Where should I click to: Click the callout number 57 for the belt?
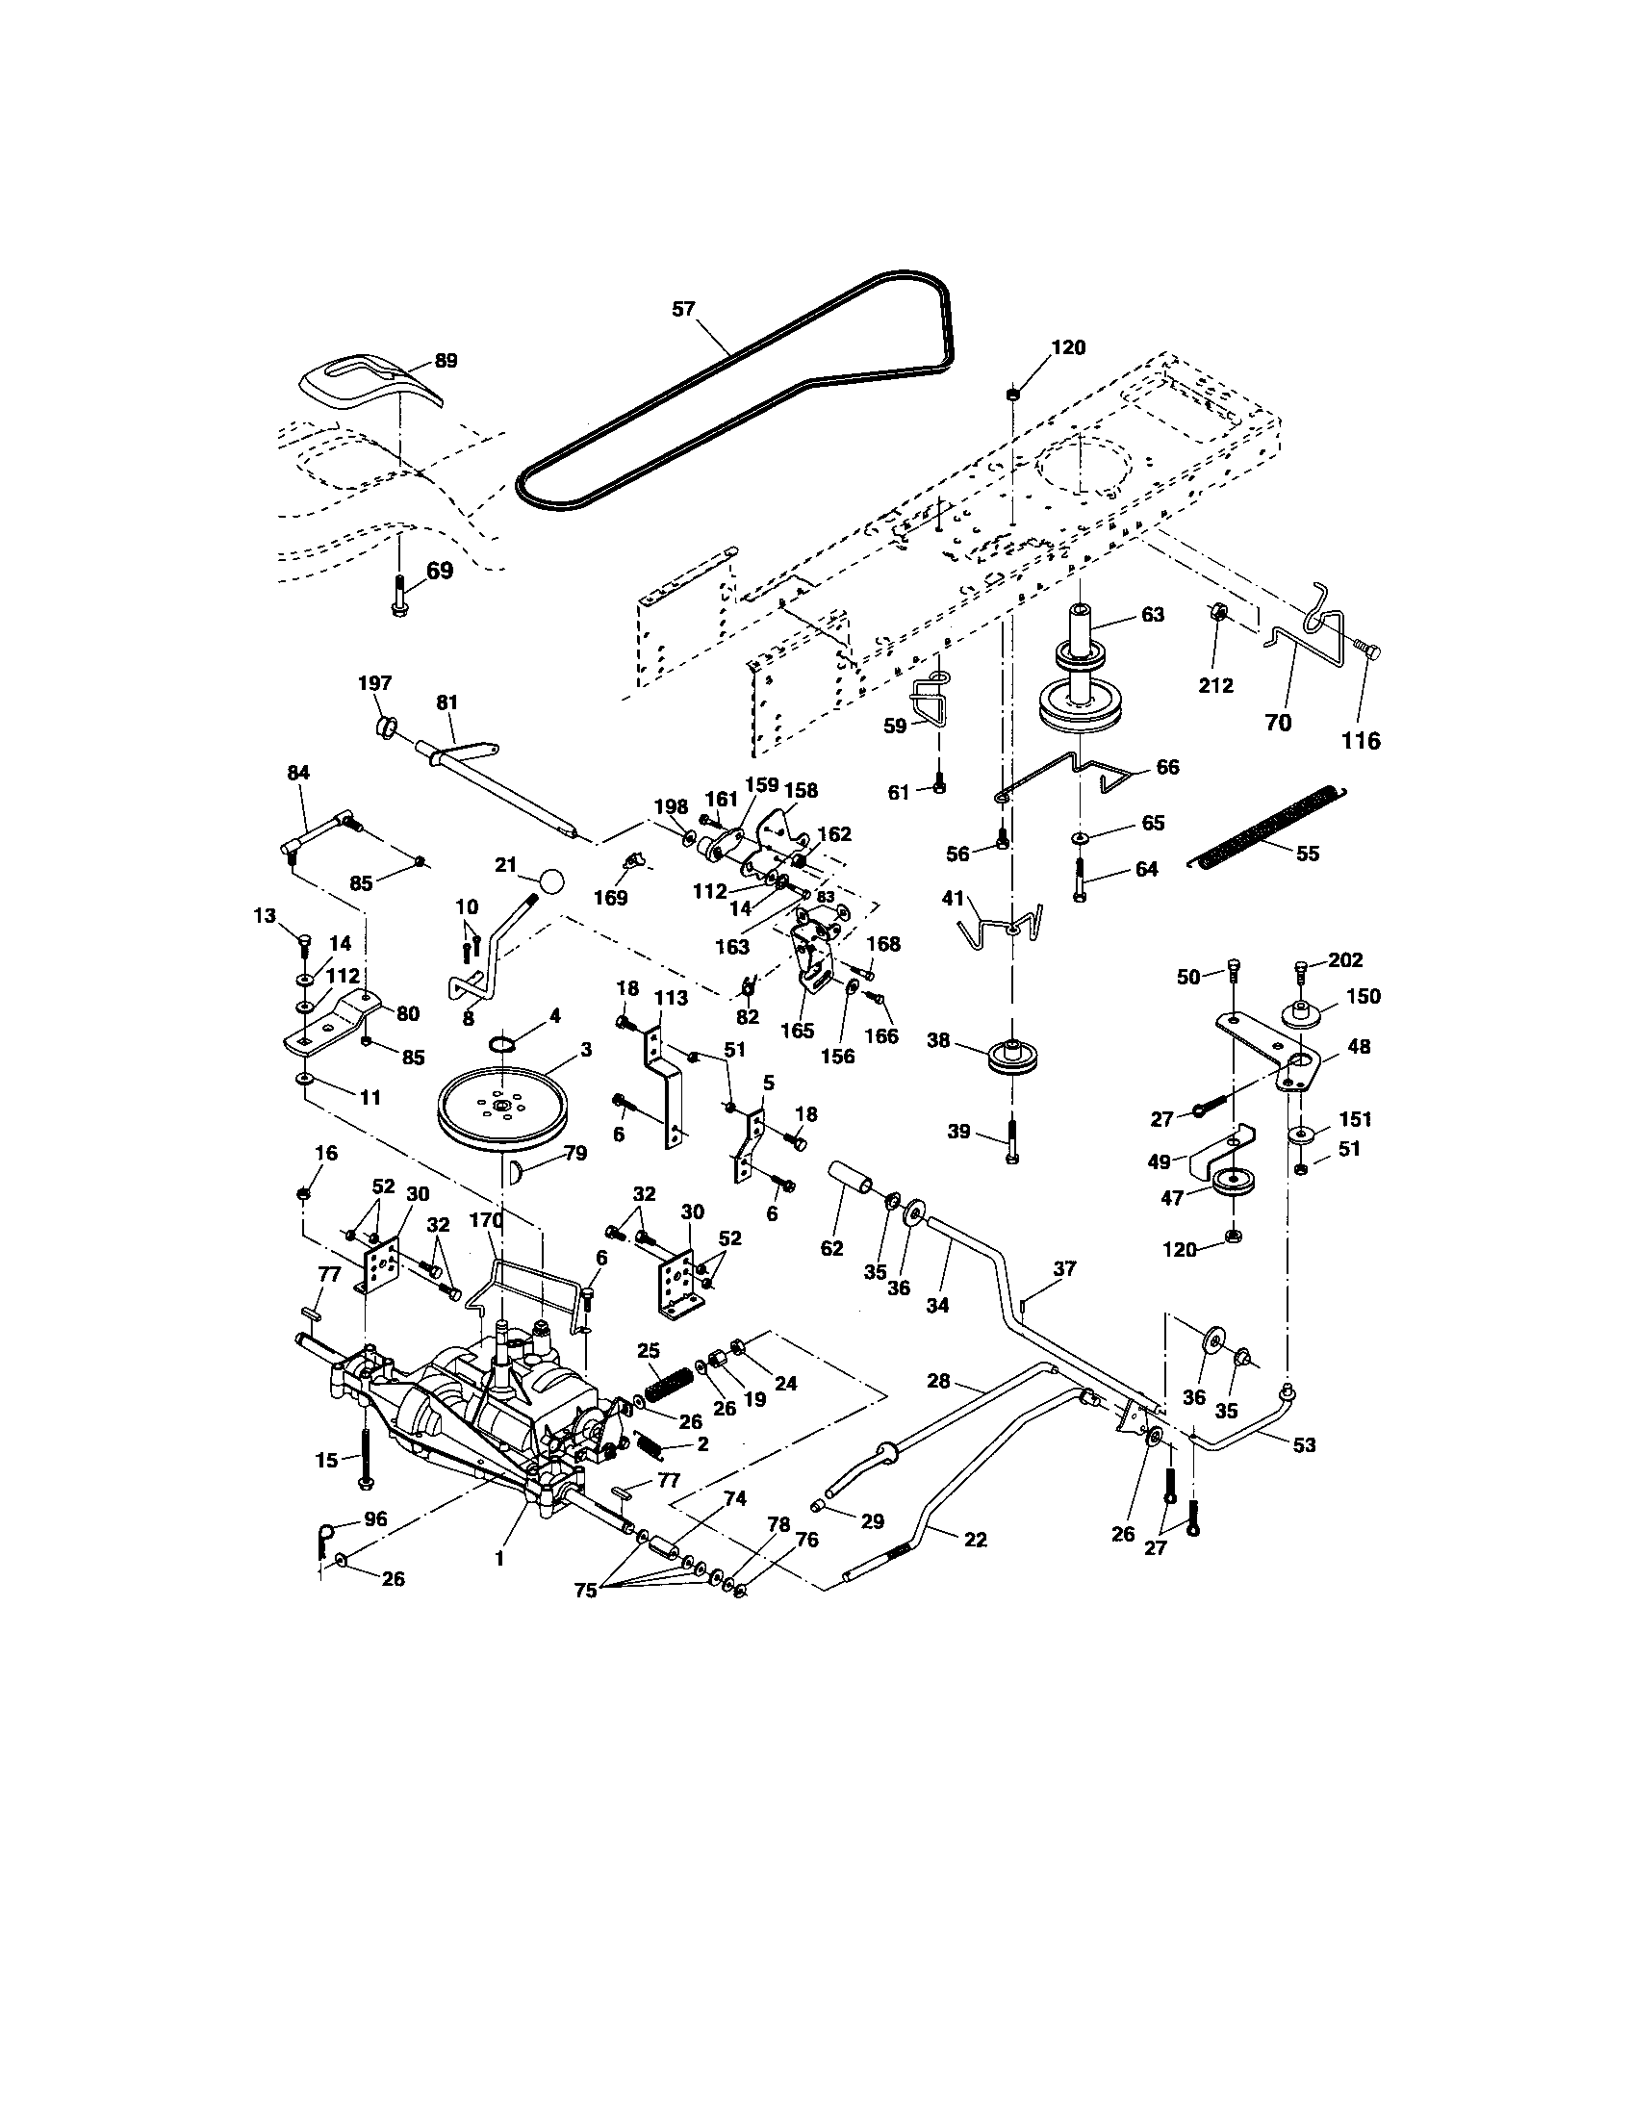tap(683, 309)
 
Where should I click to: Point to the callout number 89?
tap(446, 361)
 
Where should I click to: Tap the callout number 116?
tap(1361, 741)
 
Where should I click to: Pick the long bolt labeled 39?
tap(1012, 1141)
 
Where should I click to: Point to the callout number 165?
tap(798, 1033)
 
